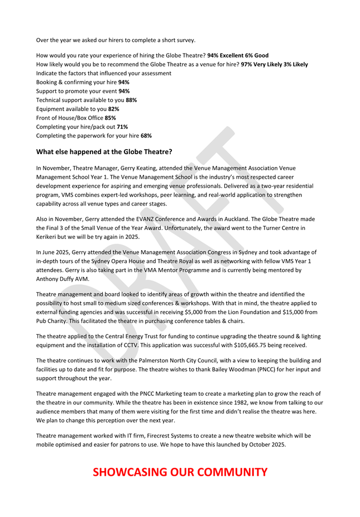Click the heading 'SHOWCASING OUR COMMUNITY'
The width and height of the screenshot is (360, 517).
point(180,472)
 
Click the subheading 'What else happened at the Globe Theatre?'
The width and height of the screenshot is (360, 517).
point(104,151)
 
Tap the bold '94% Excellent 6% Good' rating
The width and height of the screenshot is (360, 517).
point(238,56)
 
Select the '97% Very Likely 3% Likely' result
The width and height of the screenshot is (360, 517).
point(274,65)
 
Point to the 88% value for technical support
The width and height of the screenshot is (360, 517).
point(131,100)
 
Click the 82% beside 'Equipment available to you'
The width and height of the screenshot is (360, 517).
point(113,109)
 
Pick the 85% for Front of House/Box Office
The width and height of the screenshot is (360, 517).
point(111,118)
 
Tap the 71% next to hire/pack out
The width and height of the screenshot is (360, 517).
point(122,127)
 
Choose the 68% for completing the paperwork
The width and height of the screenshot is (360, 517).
point(146,136)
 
